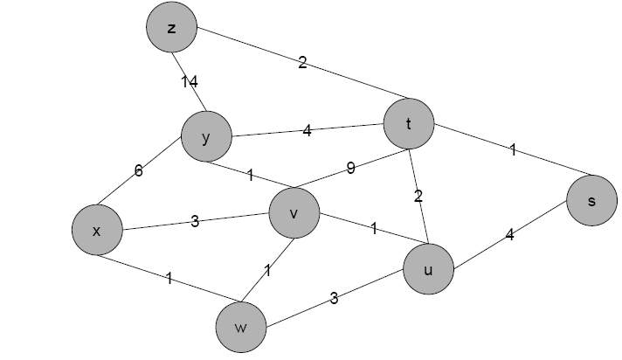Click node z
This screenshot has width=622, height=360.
point(171,28)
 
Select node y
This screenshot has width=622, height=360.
point(206,137)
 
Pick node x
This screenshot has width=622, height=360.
point(97,231)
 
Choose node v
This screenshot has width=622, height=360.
point(294,214)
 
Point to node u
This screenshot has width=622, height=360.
point(428,269)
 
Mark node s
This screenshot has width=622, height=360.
point(591,201)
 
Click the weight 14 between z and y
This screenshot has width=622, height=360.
point(190,82)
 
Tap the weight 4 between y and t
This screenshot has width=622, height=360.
point(307,132)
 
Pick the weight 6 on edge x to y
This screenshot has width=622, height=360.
point(138,171)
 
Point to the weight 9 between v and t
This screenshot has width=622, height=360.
point(350,169)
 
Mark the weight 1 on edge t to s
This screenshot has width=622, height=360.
point(513,150)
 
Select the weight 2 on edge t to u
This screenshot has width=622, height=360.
point(418,197)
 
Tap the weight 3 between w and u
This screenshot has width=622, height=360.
point(334,299)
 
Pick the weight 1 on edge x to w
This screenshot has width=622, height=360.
point(169,280)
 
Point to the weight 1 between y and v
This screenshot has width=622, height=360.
point(250,176)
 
